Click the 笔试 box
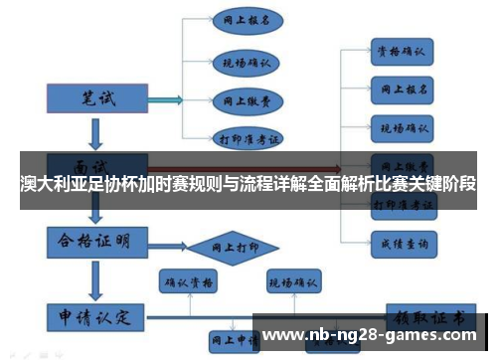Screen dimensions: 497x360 96,98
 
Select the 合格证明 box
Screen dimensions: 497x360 96,242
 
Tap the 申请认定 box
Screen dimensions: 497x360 96,318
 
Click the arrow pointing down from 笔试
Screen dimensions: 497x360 95,131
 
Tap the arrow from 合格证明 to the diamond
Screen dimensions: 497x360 165,243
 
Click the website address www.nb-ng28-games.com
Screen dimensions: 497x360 374,335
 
